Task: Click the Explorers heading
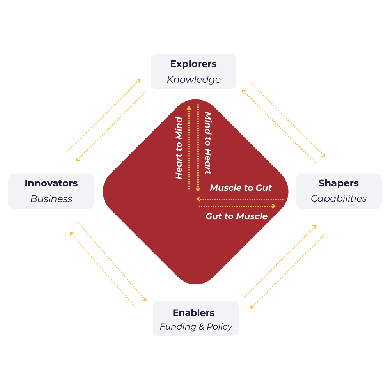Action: point(193,64)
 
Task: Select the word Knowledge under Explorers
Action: point(193,80)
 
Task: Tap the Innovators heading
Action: point(51,183)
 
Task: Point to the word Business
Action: point(51,199)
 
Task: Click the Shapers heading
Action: point(339,183)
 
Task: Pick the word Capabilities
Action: point(339,199)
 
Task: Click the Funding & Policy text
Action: point(196,327)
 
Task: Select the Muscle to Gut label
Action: point(241,188)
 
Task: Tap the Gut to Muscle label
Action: point(236,216)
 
